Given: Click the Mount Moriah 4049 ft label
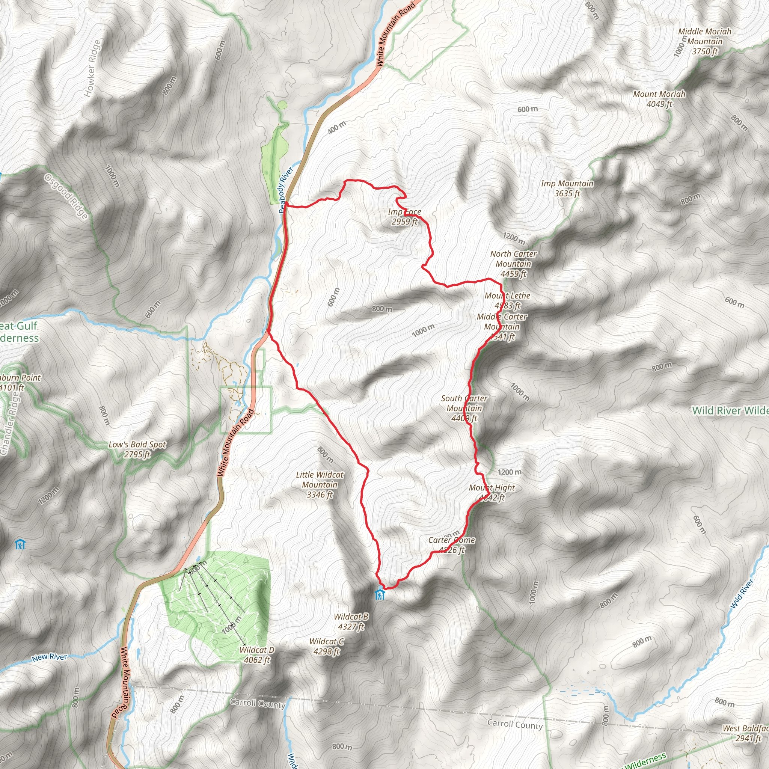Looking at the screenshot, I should (659, 99).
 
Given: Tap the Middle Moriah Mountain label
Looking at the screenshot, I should (704, 41).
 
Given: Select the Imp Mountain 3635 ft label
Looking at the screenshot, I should (567, 188).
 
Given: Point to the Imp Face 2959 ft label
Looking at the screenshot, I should (404, 217).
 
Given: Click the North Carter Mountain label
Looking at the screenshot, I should (513, 264).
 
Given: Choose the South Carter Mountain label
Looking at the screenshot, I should (464, 408).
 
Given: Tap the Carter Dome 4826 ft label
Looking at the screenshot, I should (451, 545).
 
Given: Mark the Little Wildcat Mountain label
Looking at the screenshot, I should (320, 484).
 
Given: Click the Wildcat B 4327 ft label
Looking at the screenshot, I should (351, 621).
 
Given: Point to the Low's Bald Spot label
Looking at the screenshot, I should (137, 449).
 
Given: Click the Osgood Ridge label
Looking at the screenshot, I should (66, 196).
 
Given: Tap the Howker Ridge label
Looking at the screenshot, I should (92, 68).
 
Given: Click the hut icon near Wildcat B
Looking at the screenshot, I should (380, 595).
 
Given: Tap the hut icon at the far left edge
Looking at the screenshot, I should (20, 544).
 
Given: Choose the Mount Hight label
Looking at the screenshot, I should (492, 492).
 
